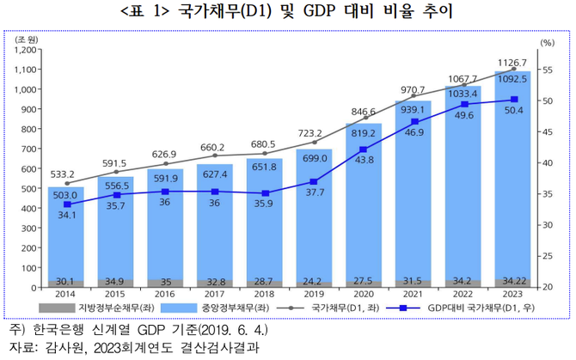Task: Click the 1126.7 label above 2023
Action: (513, 62)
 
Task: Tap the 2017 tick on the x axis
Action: (214, 294)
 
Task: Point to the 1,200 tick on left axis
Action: (27, 50)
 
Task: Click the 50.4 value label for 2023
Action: (514, 111)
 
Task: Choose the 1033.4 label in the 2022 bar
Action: (464, 93)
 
